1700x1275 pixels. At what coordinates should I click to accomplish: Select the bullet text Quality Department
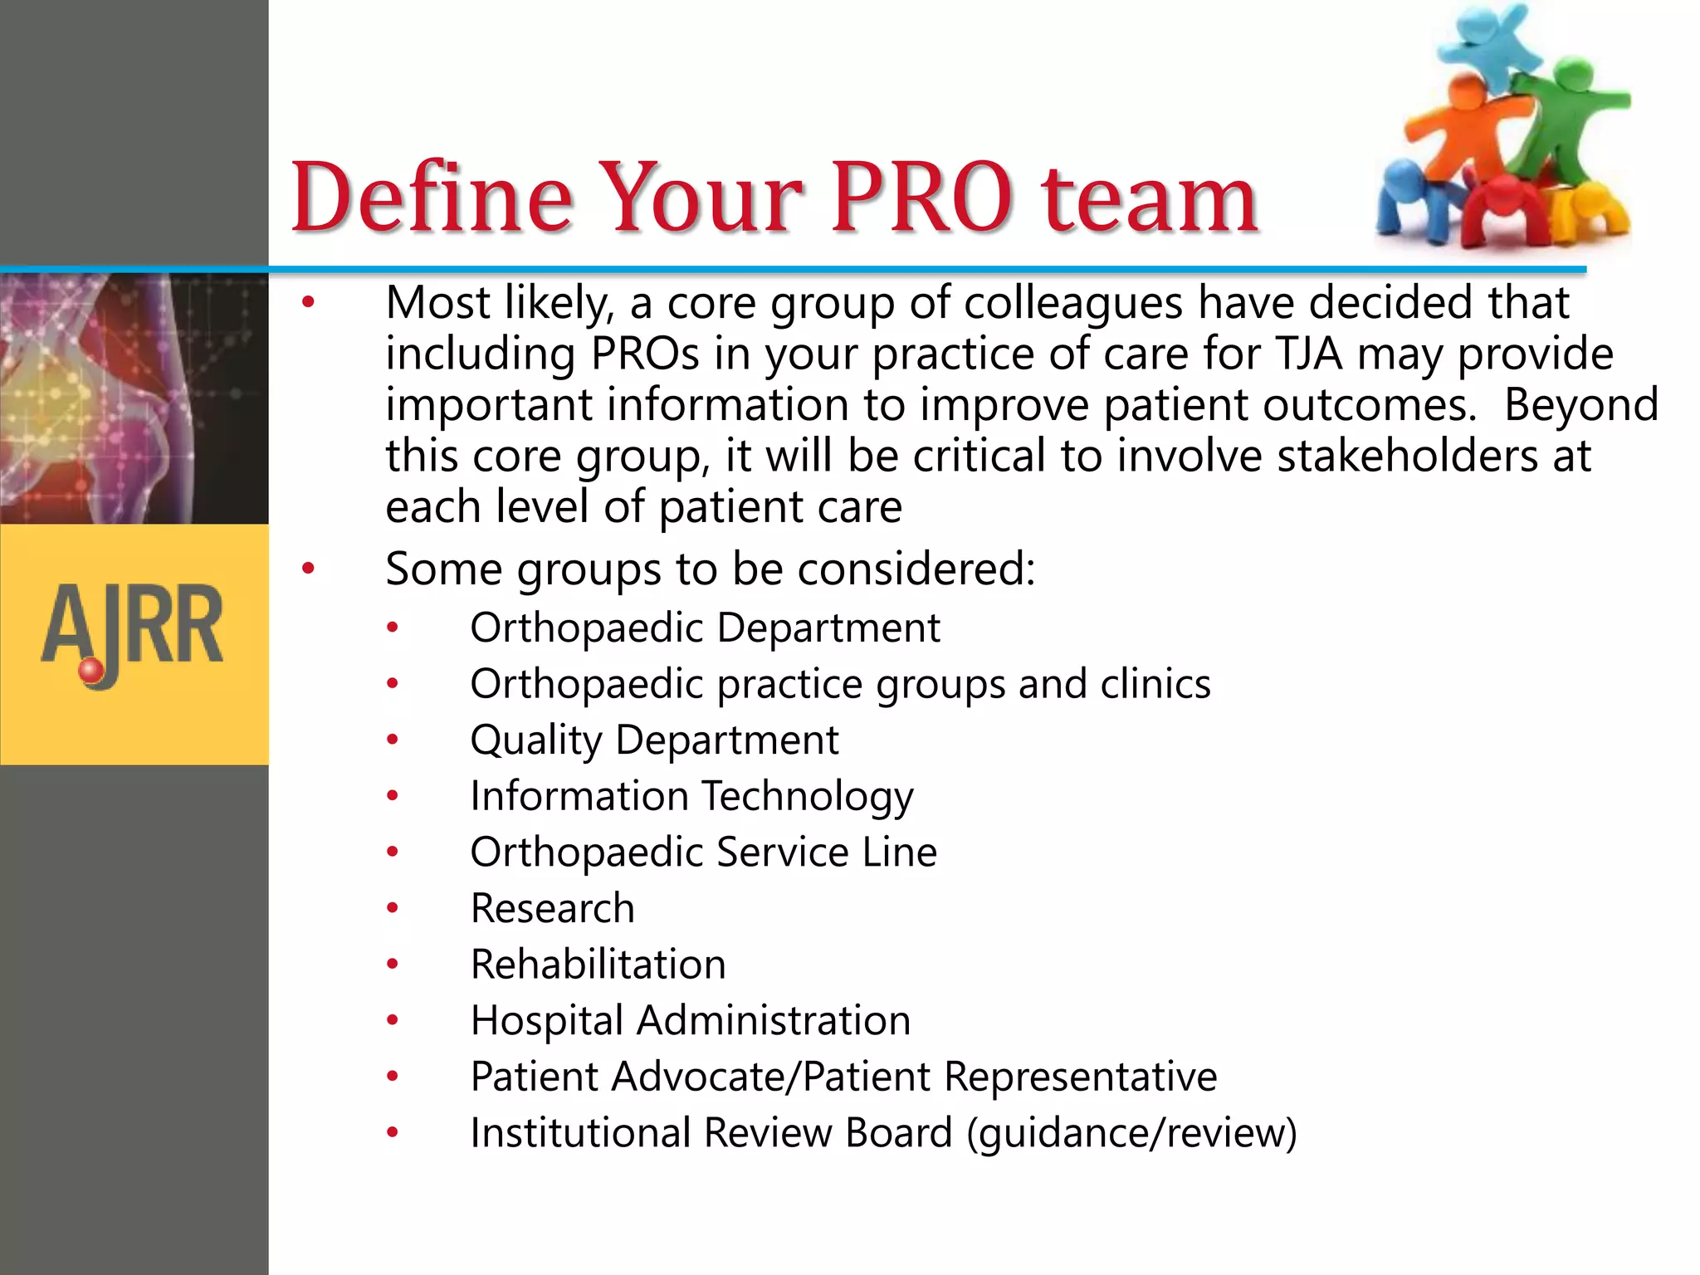pos(654,740)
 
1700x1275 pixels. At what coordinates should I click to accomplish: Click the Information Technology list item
pos(691,796)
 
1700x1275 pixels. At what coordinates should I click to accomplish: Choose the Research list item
pos(552,908)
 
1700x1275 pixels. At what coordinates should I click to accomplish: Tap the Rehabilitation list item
pos(598,965)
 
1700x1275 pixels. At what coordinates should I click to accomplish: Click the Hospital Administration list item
pos(690,1020)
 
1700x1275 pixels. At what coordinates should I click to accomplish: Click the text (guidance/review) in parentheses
pos(1131,1133)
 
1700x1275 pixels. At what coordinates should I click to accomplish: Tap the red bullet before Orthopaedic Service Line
pos(393,852)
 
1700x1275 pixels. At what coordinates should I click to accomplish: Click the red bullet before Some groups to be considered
pos(309,569)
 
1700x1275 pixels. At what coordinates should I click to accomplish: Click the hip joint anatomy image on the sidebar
pos(133,398)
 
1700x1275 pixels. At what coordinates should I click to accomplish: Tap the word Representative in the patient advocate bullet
pos(1080,1077)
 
